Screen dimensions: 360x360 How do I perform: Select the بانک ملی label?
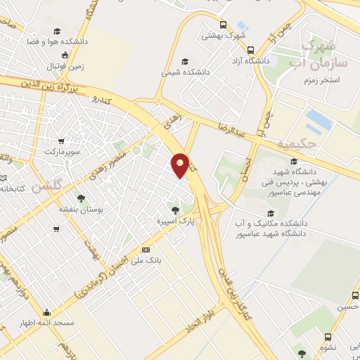(149, 259)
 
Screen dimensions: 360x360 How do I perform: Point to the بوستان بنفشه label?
(82, 209)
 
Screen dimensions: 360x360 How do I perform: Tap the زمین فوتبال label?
(65, 66)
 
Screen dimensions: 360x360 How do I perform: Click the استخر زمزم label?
(335, 80)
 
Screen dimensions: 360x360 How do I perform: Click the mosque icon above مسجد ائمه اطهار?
(47, 313)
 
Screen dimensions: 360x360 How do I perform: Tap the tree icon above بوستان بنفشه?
(82, 198)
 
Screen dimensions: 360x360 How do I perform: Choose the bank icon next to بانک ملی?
(146, 249)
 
